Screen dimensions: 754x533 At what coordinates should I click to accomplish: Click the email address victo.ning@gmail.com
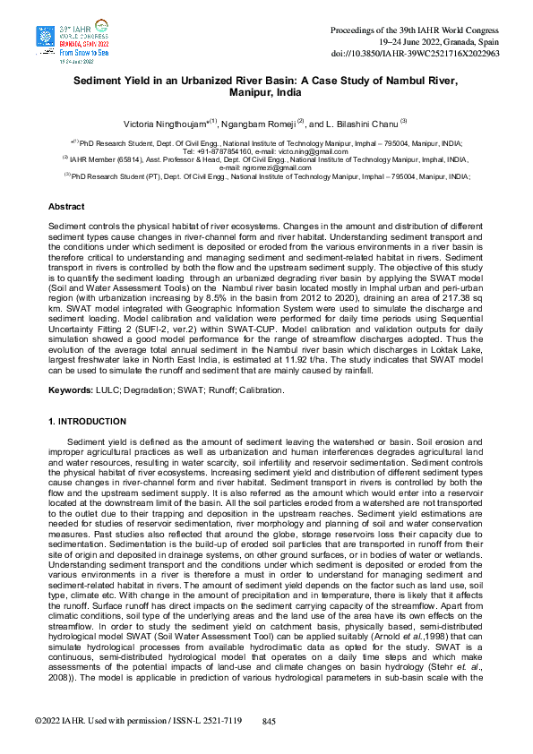coord(298,151)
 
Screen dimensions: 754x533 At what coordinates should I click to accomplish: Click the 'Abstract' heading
coord(66,207)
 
